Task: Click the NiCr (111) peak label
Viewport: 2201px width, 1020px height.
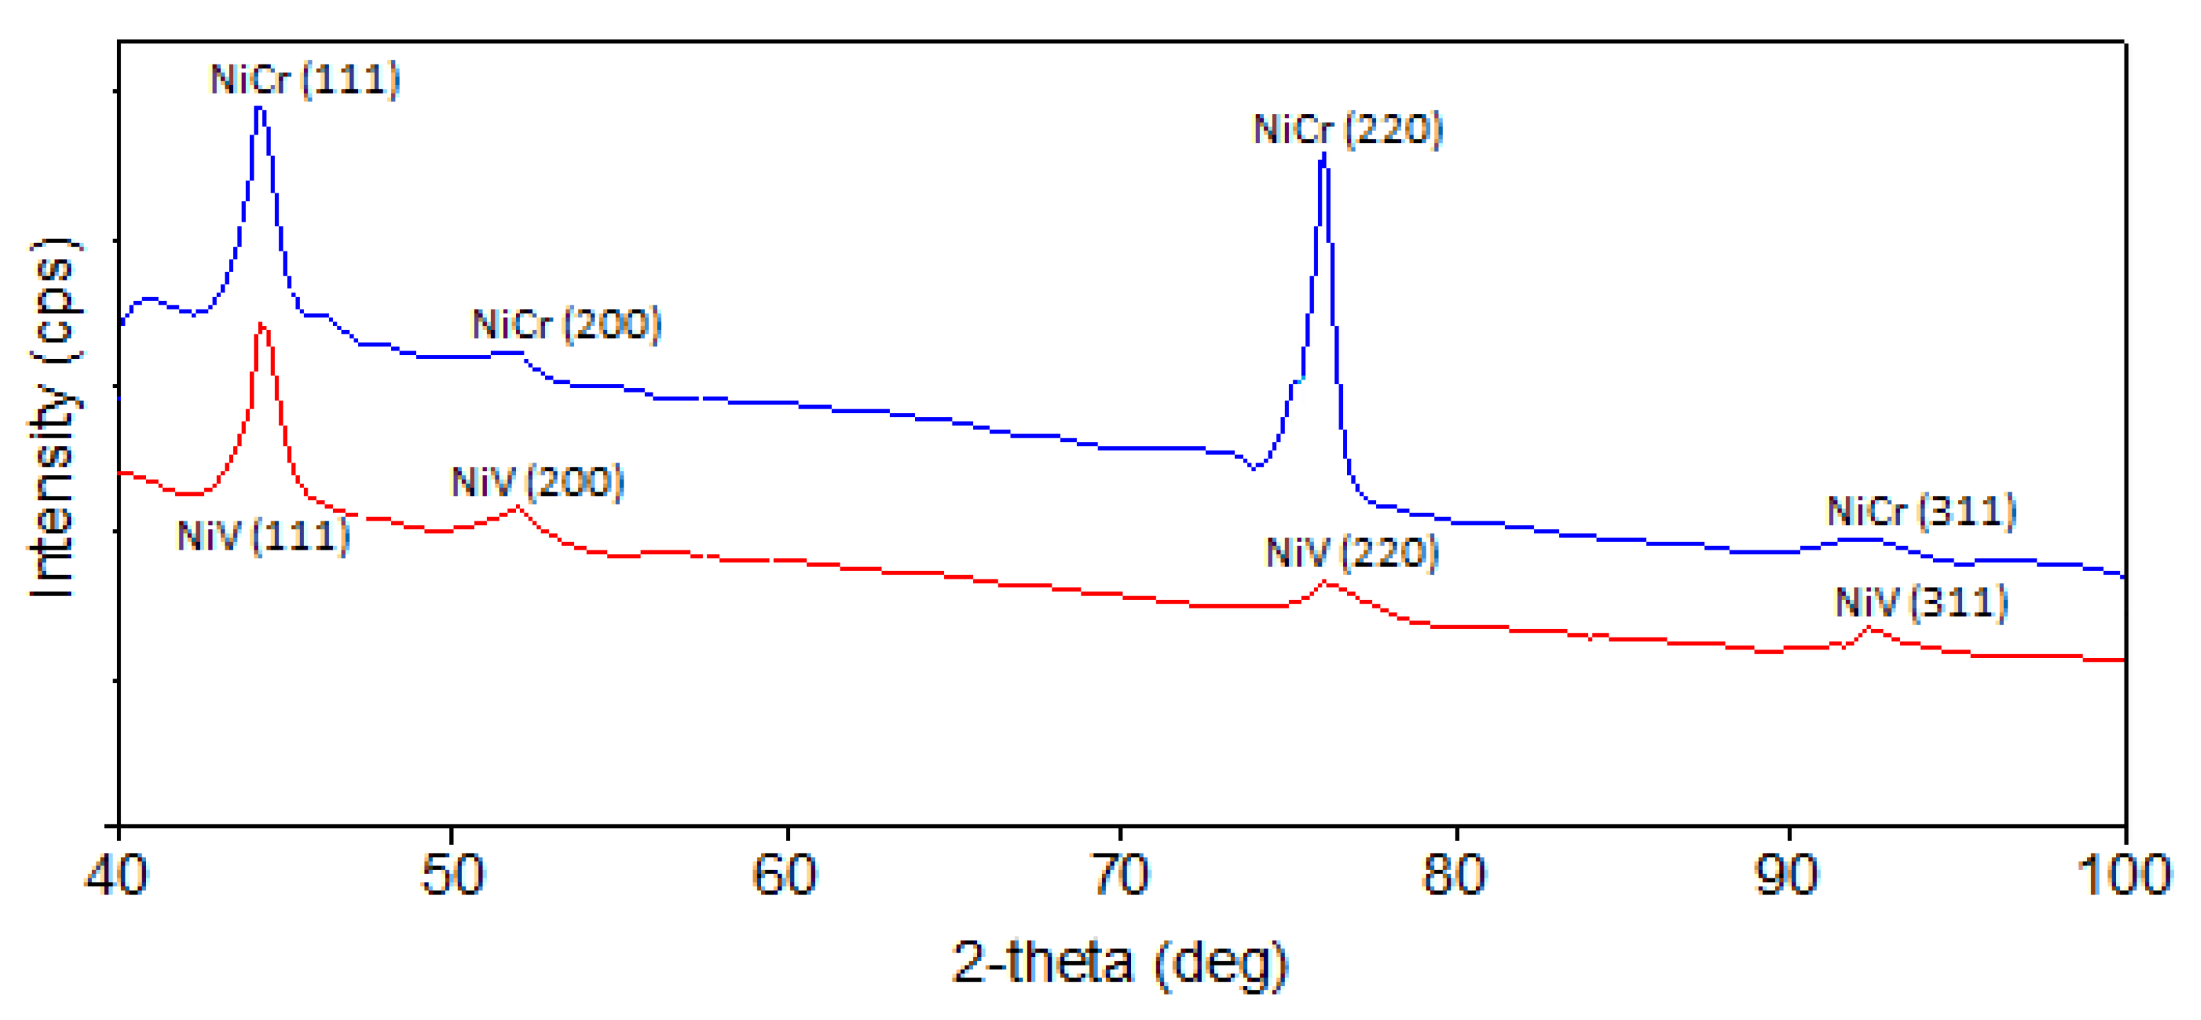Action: (305, 80)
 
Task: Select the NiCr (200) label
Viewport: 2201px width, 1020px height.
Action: (566, 324)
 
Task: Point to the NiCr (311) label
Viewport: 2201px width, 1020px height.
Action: (1921, 511)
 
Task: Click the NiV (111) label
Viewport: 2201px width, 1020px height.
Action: (263, 536)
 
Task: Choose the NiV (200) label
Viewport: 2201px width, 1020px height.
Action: (537, 482)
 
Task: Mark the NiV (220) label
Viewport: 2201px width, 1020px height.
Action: (1351, 552)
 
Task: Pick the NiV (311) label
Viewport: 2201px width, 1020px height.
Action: (1921, 603)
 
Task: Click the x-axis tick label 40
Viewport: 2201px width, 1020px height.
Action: (116, 875)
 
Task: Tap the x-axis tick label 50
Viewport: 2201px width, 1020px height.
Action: (452, 875)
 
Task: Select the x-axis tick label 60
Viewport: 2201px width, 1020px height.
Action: (784, 875)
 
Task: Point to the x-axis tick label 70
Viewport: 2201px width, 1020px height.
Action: (1121, 875)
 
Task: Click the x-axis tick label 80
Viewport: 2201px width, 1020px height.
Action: (1453, 875)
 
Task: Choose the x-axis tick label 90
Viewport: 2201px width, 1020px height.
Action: (1787, 875)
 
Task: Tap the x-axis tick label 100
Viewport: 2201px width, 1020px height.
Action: (2123, 875)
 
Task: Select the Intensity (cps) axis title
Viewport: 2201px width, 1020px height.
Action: (53, 419)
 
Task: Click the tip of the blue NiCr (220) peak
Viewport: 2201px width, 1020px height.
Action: (1324, 155)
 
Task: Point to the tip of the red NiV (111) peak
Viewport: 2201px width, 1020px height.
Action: (261, 324)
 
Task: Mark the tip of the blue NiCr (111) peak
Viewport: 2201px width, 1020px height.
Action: (259, 108)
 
